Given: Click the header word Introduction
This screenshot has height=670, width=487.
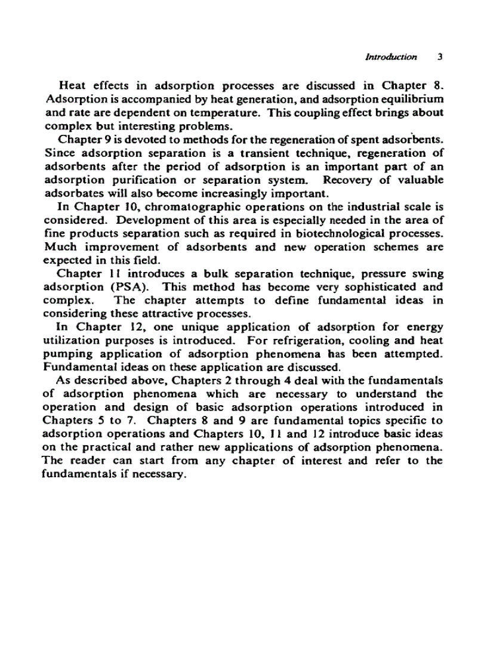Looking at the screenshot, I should (390, 57).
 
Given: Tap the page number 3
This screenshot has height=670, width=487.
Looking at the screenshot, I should (439, 57).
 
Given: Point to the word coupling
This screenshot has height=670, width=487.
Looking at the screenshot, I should (325, 113).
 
